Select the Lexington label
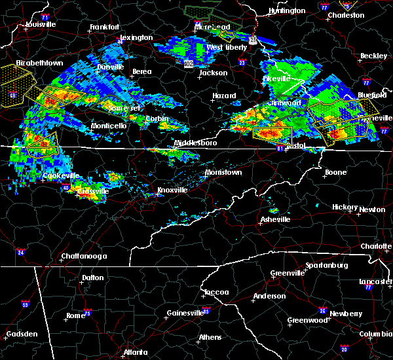136,37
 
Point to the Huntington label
287,10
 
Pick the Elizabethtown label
39,63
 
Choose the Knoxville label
172,190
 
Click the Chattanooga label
68,255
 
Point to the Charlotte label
375,246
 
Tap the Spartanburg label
324,266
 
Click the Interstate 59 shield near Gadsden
25,304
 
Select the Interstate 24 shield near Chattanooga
20,252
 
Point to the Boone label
335,172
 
